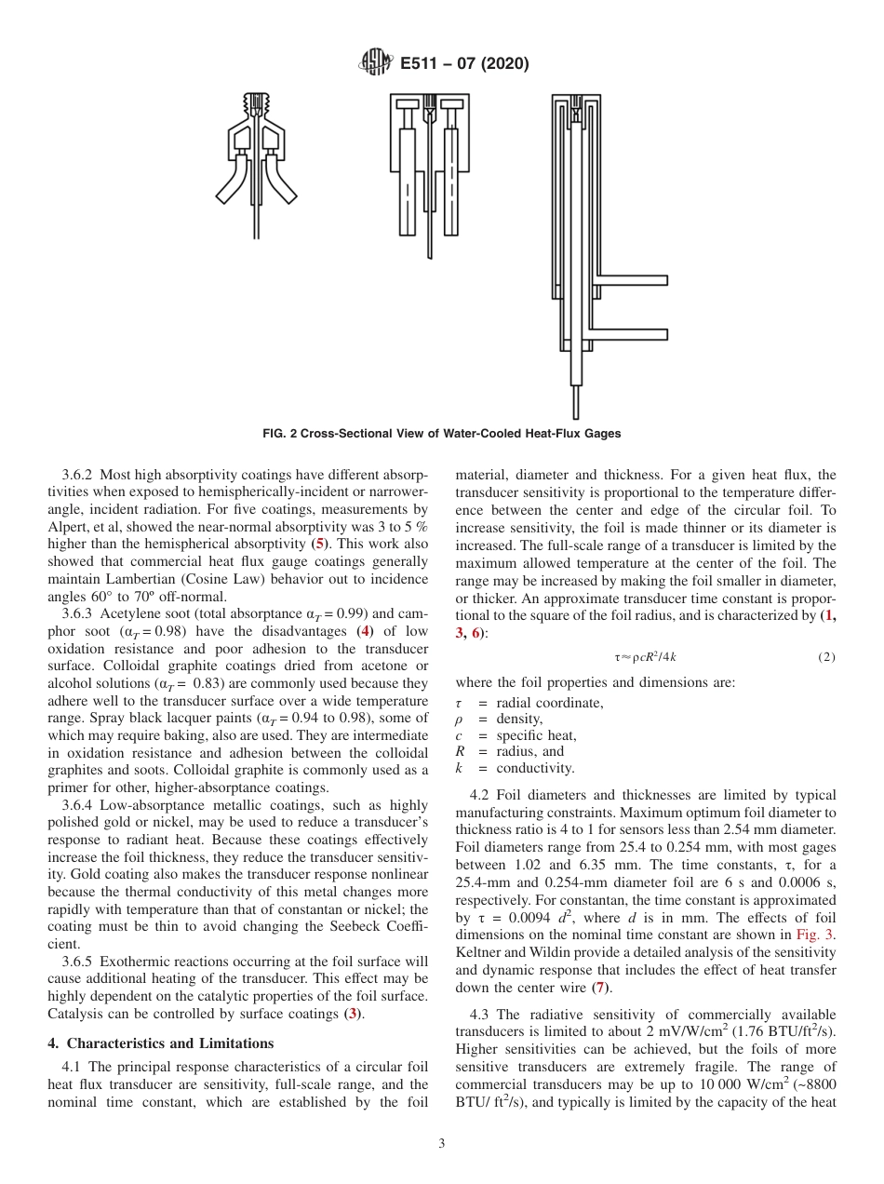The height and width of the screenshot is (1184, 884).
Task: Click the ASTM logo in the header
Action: pos(376,63)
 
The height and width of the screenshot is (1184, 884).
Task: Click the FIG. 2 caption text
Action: pos(442,434)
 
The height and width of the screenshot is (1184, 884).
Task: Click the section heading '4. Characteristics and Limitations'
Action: pos(161,1043)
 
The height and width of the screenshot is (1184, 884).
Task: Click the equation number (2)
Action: pos(826,657)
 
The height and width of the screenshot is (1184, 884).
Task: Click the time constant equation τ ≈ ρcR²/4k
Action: pos(645,657)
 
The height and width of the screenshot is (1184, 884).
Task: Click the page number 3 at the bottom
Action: pos(441,1144)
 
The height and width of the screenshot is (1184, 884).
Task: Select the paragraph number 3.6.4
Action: pos(78,805)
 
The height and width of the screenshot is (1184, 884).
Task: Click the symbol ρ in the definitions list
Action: pos(459,720)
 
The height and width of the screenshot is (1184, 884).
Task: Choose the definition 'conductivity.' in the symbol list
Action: pos(535,768)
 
